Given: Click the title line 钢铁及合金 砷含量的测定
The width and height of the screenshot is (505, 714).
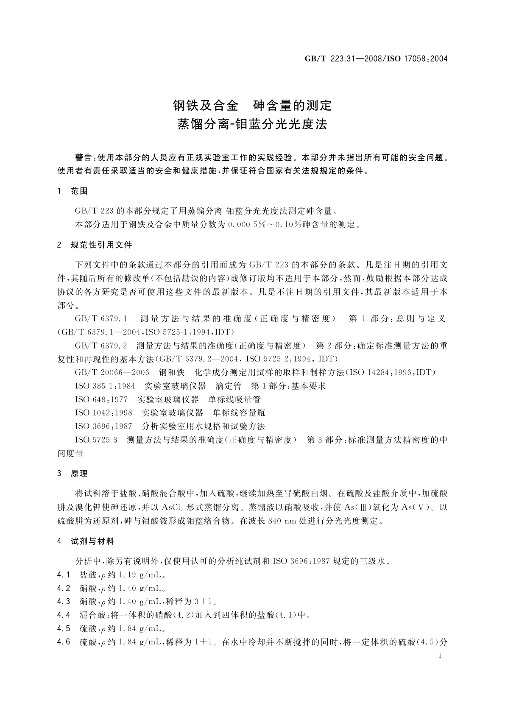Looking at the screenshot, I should (x=252, y=105).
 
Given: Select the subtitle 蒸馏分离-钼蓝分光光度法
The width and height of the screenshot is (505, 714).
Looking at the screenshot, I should (x=252, y=125).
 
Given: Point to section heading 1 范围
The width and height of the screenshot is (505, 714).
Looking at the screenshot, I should (x=73, y=191).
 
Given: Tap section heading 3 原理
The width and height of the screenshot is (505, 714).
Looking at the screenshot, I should (x=73, y=474).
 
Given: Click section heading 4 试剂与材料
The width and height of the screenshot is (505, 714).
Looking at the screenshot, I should (x=86, y=541).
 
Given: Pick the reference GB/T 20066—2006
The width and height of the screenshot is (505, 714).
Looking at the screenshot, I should (x=112, y=372).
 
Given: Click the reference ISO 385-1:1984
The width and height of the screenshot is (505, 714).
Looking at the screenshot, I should (x=105, y=386).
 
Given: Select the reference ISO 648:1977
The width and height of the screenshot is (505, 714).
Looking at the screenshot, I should (x=101, y=399).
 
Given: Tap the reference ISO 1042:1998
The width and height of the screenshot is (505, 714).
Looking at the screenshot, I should (x=103, y=413).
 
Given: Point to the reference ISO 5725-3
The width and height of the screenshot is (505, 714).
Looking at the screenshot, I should (x=96, y=440).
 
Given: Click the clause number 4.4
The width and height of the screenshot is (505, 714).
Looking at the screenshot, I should (x=64, y=615).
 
